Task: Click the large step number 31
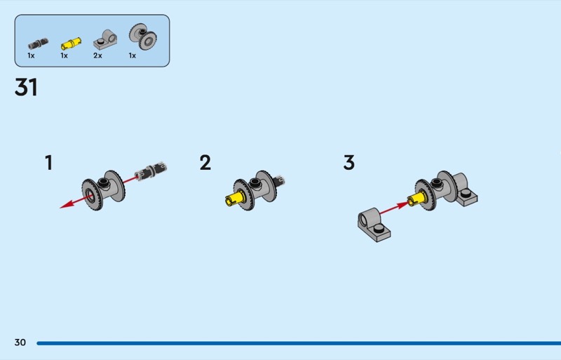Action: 26,88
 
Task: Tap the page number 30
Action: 20,342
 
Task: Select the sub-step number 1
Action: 48,164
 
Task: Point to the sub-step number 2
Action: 205,164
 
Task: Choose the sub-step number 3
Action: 349,164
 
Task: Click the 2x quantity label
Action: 97,55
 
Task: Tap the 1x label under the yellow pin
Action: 64,55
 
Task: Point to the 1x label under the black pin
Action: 31,55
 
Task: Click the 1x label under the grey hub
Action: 132,55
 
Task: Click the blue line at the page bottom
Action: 295,343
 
